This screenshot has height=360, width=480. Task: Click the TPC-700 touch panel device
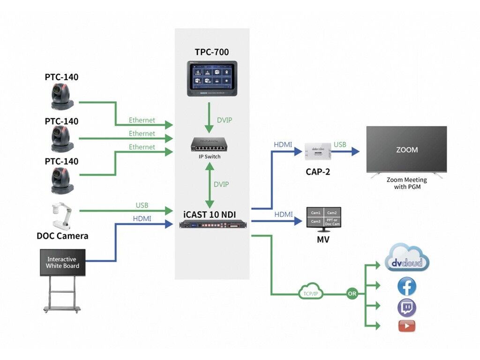pos(212,79)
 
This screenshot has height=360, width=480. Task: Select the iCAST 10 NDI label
pos(210,215)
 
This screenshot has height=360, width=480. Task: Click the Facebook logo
pos(406,286)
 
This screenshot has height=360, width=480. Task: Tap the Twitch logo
pos(406,307)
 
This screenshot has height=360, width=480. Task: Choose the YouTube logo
pos(407,326)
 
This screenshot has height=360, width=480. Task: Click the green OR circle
pos(352,294)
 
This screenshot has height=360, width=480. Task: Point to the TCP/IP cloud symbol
pos(308,292)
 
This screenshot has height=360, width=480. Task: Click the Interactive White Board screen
pos(63,262)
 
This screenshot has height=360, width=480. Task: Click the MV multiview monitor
pos(323,218)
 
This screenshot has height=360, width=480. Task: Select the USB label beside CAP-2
pos(340,145)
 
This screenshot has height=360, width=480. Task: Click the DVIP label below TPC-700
pos(224,120)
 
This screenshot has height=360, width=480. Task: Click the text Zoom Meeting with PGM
pos(406,183)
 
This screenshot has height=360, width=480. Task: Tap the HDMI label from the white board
pos(142,219)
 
